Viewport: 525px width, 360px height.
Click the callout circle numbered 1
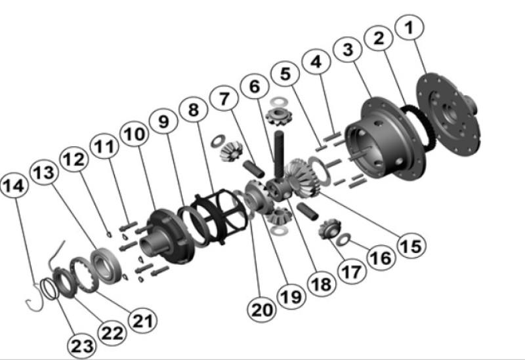pos(409,28)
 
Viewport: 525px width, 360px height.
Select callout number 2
pos(379,39)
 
